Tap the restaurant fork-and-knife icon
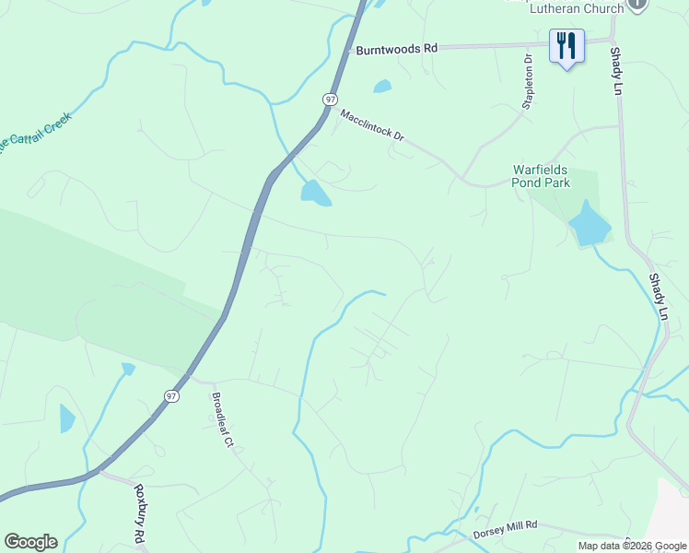(566, 46)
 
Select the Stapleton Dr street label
(528, 82)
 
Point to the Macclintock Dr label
(372, 125)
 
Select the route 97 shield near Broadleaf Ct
(171, 395)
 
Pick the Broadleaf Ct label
(222, 420)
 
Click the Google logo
(30, 542)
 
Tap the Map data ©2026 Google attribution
(631, 546)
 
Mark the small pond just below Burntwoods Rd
(382, 87)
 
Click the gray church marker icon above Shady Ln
(636, 5)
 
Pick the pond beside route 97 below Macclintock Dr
(314, 192)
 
